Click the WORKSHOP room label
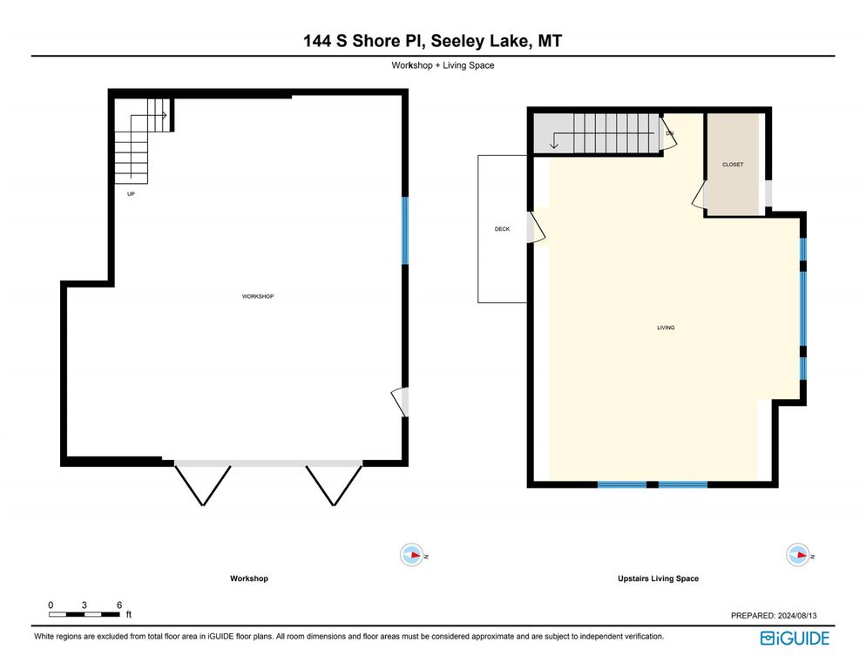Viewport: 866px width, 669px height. coord(258,297)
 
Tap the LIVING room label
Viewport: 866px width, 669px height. coord(666,328)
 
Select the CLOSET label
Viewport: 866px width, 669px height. coord(733,165)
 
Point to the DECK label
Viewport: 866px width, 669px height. coord(502,229)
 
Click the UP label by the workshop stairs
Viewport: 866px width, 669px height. coord(131,194)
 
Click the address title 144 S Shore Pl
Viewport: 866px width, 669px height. coord(432,41)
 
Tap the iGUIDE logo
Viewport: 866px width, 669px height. coord(794,639)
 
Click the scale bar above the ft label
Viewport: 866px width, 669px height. coord(85,615)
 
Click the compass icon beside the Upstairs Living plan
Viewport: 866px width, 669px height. coord(796,555)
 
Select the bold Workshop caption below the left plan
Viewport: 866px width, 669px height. coord(248,578)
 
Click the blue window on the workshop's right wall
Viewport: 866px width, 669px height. coord(405,231)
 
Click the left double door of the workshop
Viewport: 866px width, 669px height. coord(203,483)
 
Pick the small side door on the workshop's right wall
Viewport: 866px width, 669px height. coord(401,402)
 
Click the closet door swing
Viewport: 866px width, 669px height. coord(699,196)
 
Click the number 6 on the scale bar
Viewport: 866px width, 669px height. coord(118,605)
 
